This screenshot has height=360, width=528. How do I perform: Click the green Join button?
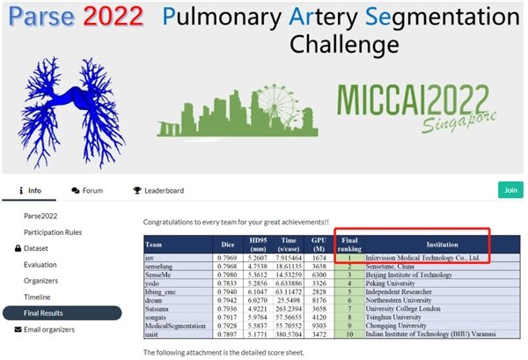510,189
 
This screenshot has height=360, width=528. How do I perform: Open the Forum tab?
88,190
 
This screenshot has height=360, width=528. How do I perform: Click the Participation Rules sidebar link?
60,231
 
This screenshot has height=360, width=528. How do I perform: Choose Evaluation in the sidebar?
40,264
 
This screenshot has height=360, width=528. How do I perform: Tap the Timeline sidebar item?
38,297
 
